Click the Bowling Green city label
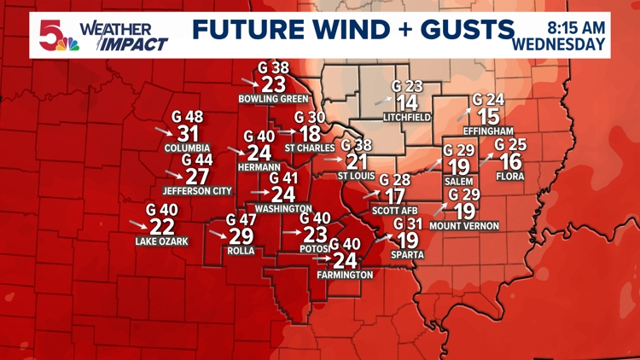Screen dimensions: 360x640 pos(273,99)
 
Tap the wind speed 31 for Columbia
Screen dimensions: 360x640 pos(188,133)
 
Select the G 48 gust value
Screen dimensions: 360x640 pos(188,116)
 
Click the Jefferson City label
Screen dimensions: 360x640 pos(197,191)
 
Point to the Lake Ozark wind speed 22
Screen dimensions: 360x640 pos(162,226)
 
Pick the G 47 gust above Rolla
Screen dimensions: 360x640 pos(242,219)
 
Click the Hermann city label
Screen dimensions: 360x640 pos(259,167)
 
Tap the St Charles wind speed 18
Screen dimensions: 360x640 pos(311,134)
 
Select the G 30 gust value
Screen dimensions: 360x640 pos(311,117)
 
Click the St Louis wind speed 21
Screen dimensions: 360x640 pos(358,161)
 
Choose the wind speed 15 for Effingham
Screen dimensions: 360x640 pos(488,116)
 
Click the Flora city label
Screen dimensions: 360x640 pos(510,177)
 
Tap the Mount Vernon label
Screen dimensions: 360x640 pos(464,226)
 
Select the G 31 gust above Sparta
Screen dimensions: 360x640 pos(408,224)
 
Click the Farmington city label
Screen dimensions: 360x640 pos(345,275)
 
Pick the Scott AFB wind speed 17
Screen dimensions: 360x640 pos(395,196)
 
